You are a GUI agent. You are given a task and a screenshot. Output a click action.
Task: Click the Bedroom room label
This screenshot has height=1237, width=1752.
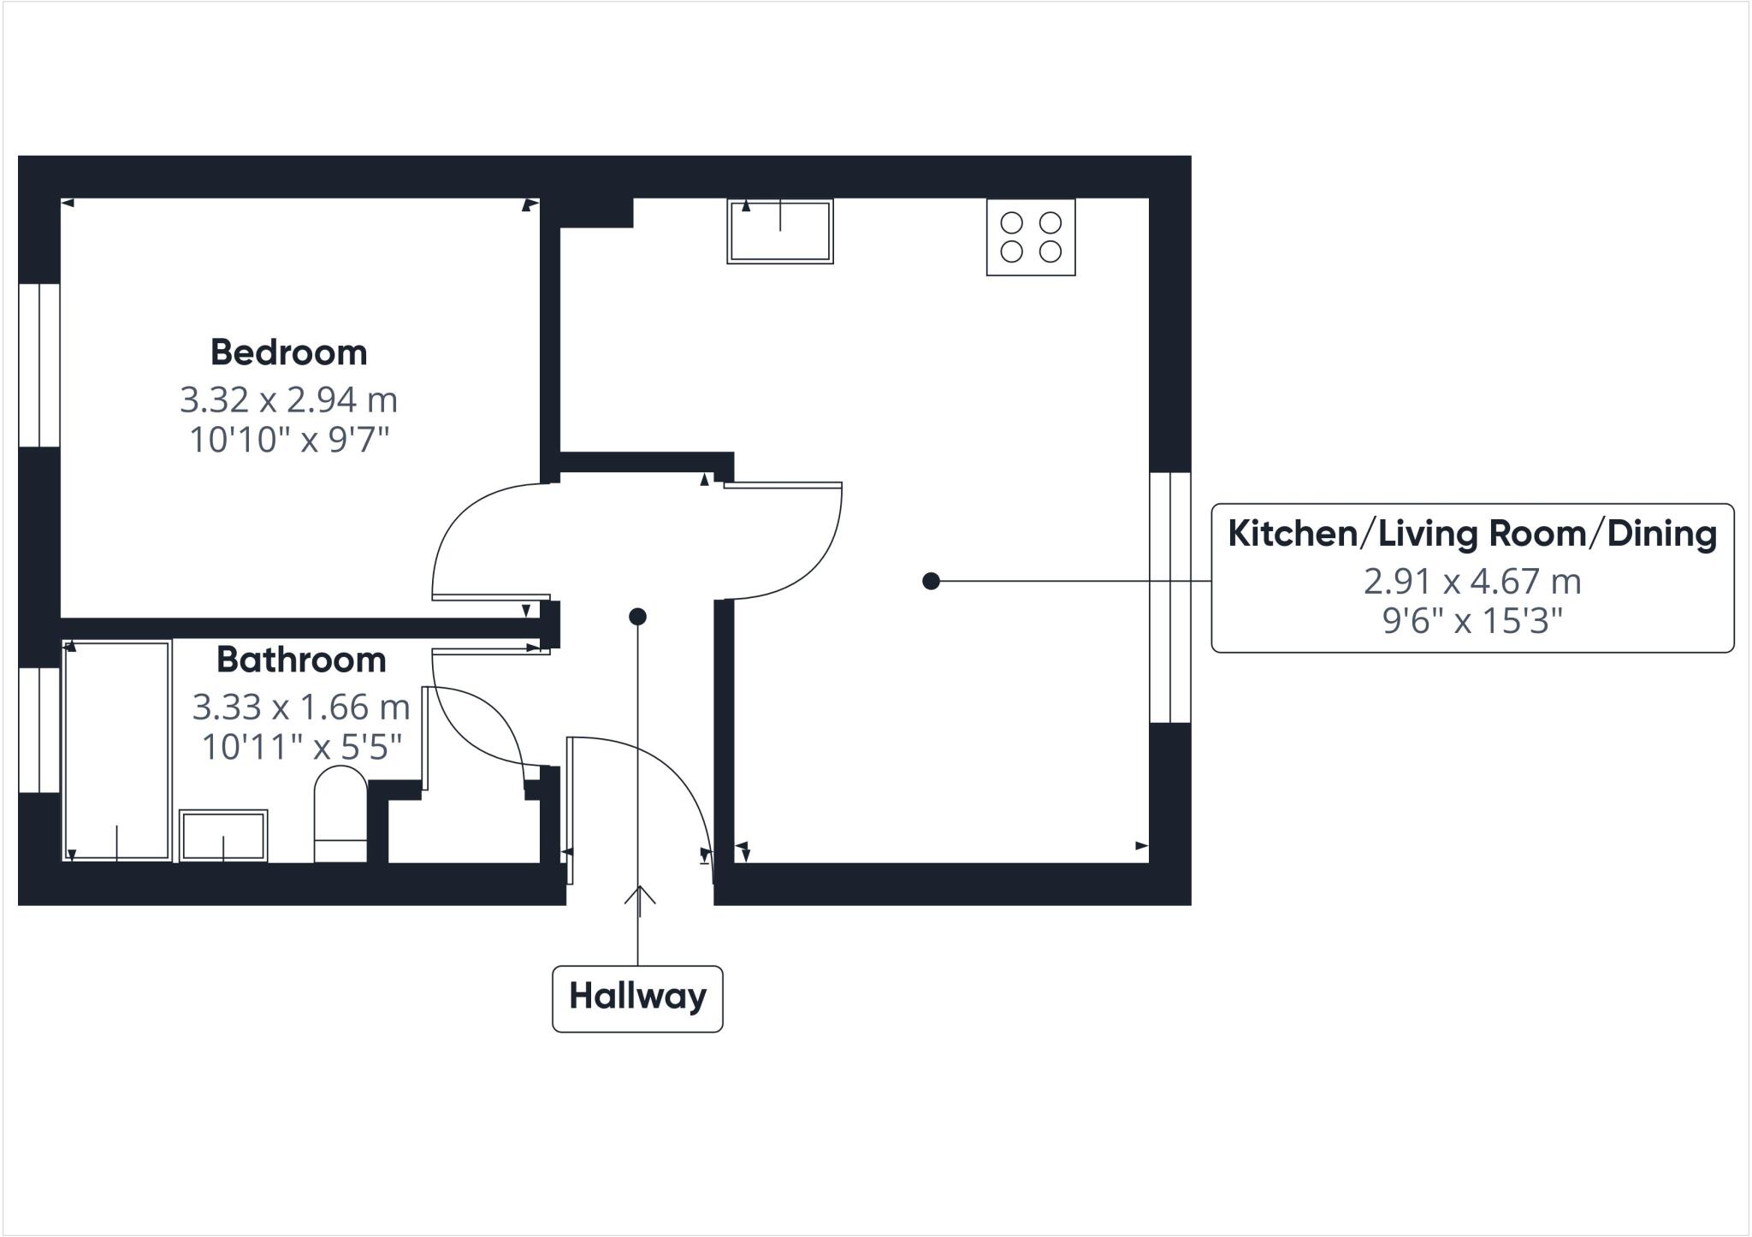point(288,352)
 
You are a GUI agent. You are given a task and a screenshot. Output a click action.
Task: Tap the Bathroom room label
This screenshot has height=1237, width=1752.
point(301,660)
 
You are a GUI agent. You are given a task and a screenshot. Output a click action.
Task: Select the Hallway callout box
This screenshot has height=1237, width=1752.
point(637,997)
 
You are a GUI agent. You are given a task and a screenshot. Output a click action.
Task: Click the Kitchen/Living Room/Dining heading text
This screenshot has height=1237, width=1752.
point(1471,534)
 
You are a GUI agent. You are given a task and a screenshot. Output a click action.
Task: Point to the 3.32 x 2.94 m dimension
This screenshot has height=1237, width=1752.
point(288,400)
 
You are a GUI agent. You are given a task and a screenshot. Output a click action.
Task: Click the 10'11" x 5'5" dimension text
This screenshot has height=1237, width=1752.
point(301,747)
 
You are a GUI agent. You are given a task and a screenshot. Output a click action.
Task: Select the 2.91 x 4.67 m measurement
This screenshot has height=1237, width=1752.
point(1471,582)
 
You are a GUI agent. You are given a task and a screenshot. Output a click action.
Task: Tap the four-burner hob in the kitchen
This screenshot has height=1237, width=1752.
point(1030,237)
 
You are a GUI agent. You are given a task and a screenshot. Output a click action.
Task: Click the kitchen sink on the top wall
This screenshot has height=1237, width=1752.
point(779,231)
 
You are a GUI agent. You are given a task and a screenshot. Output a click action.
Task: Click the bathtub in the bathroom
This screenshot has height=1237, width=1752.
point(117,749)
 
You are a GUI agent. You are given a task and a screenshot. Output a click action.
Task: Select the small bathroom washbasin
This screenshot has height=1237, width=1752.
point(223,835)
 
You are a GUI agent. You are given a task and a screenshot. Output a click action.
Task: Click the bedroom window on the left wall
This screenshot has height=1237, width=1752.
point(39,365)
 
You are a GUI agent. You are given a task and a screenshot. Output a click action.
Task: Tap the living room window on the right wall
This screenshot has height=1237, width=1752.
point(1169,597)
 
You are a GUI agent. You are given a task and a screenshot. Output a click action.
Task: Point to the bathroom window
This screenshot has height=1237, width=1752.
point(39,730)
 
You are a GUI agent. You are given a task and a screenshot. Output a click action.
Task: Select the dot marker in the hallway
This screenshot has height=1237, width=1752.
point(637,616)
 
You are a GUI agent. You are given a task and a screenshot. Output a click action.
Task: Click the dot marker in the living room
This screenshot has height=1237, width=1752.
point(931,582)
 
